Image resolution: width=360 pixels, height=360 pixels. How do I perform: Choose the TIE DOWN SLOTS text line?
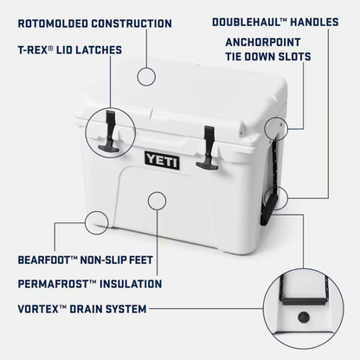point(267,57)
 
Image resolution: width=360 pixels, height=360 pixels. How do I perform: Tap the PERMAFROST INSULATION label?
point(89,283)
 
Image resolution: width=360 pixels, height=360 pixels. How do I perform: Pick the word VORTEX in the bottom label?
point(39,307)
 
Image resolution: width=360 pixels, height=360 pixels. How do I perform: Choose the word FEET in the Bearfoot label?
point(145,259)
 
